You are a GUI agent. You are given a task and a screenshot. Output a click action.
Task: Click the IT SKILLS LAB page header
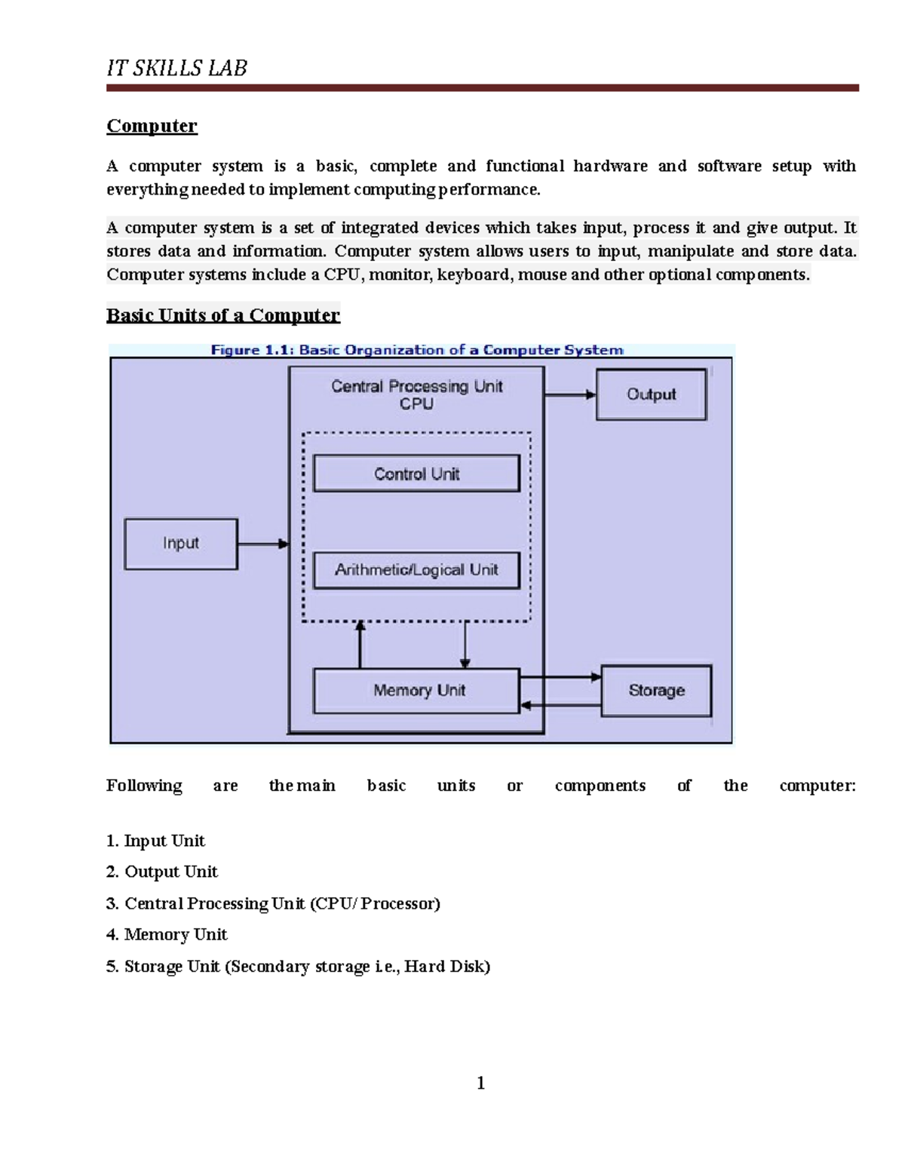[176, 69]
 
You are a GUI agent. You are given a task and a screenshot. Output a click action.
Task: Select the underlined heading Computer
[152, 126]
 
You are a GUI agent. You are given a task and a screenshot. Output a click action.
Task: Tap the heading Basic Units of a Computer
[223, 315]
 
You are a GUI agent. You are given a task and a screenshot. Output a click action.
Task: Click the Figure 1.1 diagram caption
[416, 350]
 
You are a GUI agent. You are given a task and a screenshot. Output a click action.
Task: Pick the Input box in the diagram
[181, 544]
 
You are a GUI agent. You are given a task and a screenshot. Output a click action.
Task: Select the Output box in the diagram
[651, 394]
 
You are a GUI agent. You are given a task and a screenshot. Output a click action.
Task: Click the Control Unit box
[416, 474]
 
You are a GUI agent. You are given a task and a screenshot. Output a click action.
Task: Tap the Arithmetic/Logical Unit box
[416, 570]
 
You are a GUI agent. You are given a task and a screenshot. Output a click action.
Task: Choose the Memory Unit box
[416, 691]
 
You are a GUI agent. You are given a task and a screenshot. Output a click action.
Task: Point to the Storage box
[656, 691]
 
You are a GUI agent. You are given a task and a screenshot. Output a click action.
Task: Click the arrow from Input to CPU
[262, 544]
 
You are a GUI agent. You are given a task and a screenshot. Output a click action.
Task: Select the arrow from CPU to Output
[569, 394]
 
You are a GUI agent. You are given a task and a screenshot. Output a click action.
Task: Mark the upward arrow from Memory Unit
[360, 645]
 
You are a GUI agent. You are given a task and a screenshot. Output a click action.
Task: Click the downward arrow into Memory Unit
[465, 645]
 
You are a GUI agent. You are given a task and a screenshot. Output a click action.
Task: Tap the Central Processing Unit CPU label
[416, 394]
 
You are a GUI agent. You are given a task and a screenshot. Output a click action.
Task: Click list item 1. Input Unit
[155, 841]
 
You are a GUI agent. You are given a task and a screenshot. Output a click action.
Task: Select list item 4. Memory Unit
[167, 934]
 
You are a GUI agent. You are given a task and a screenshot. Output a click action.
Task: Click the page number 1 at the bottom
[480, 1084]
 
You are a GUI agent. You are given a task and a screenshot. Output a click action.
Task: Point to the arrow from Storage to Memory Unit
[560, 706]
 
